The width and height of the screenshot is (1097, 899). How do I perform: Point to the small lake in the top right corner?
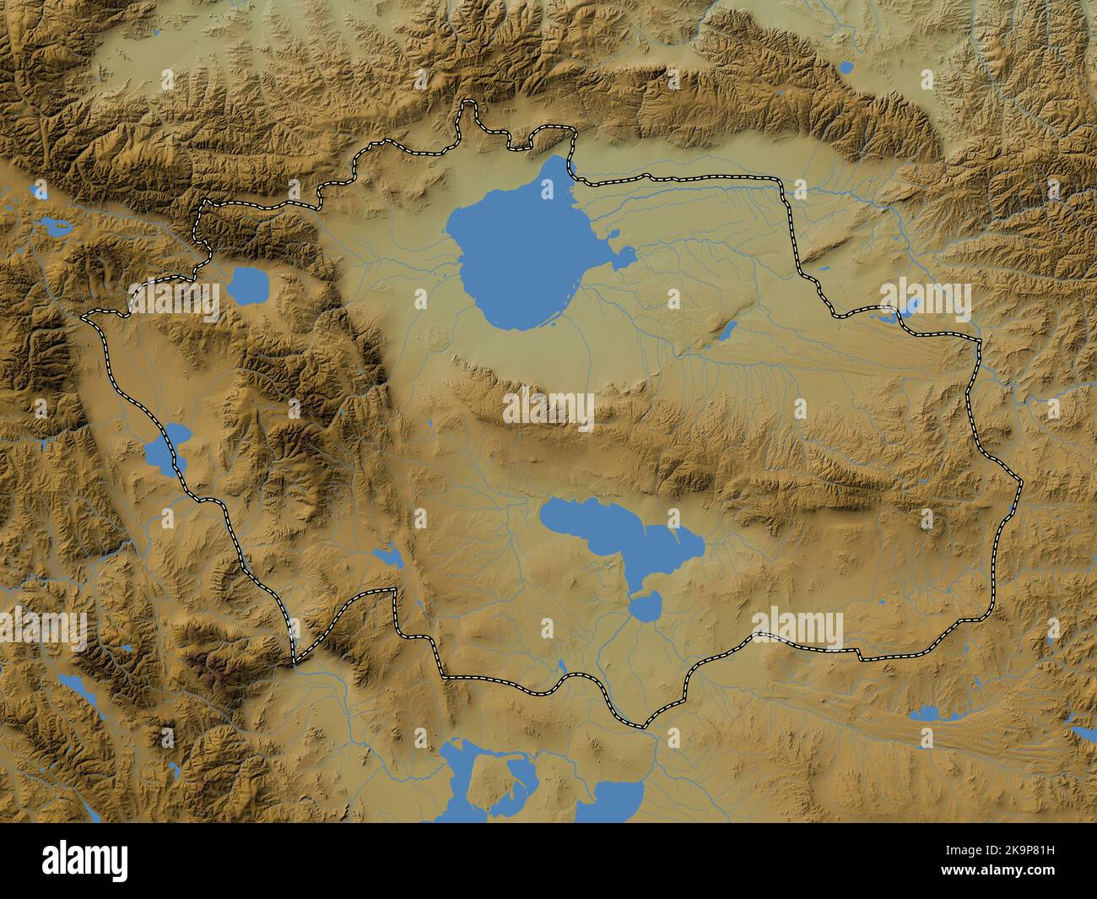[847, 66]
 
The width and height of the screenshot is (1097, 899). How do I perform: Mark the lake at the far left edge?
[51, 226]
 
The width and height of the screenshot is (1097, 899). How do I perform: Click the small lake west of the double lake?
[390, 555]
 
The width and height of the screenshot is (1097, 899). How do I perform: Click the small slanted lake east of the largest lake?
[727, 329]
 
